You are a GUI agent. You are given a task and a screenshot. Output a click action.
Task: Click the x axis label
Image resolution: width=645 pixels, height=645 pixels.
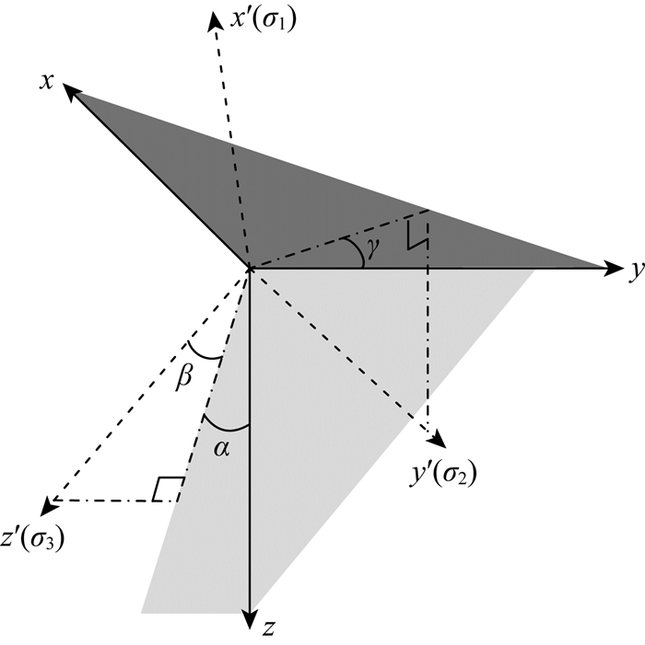[x=44, y=81]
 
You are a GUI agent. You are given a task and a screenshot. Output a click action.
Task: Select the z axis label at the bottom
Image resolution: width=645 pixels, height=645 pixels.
[x=266, y=628]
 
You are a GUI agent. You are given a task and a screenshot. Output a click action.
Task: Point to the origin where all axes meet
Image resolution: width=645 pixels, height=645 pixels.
[x=249, y=268]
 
